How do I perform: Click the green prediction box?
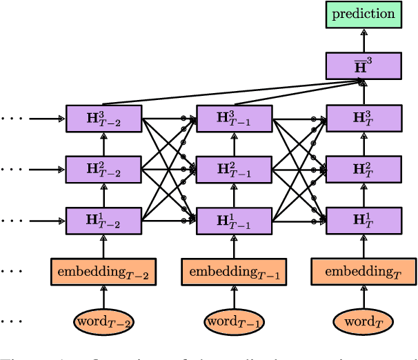pos(364,14)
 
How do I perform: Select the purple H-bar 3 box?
pos(364,66)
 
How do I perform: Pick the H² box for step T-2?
pos(103,169)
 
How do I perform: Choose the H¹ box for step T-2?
pos(103,220)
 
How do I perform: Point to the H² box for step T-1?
pos(234,169)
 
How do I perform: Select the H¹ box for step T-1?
pos(234,220)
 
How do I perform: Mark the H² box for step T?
pos(364,169)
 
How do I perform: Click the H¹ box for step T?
pos(364,220)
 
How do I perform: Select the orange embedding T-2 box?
pos(103,272)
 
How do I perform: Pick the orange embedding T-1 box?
pos(234,272)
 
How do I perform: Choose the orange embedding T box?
pos(364,272)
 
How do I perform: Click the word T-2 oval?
pos(103,321)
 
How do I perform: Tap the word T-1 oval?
pos(234,321)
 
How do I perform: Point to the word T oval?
pos(364,321)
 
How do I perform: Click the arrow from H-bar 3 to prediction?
pos(364,40)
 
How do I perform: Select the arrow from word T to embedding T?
pos(364,297)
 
